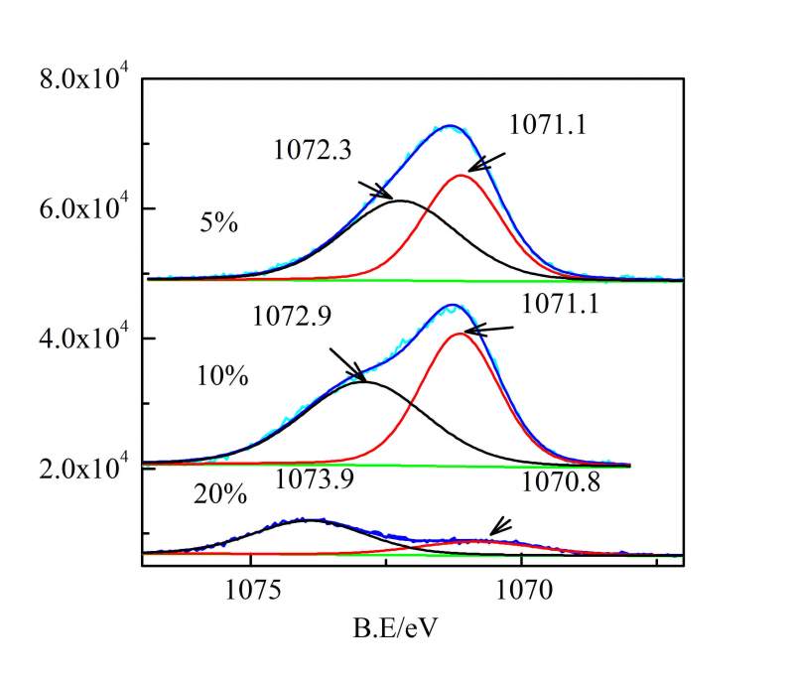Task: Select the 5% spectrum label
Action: tap(217, 224)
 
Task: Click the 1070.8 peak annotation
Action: tap(559, 482)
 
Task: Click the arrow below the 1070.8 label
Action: tap(499, 529)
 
